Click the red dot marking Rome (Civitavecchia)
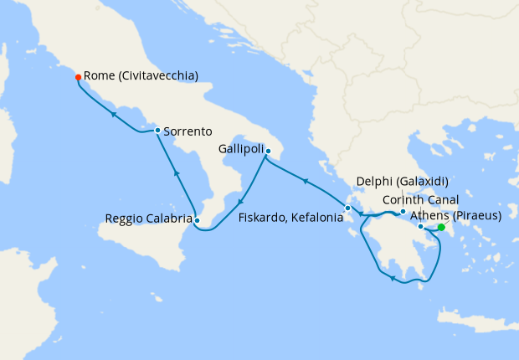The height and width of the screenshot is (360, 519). tap(78, 77)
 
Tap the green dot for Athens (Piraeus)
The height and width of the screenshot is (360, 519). tap(441, 227)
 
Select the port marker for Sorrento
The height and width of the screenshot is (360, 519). tap(157, 130)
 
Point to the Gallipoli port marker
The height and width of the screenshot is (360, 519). tap(267, 151)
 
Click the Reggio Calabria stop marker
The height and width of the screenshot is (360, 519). tap(197, 220)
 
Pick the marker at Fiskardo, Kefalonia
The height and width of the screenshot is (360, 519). tap(347, 208)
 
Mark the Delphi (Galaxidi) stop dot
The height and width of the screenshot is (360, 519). tap(403, 211)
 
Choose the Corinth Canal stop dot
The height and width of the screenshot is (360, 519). tap(420, 226)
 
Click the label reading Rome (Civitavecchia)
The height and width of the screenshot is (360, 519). tap(141, 75)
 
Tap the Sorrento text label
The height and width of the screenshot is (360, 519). tap(188, 131)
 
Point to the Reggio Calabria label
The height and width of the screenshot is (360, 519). tap(147, 219)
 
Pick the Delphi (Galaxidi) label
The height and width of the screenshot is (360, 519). tap(403, 181)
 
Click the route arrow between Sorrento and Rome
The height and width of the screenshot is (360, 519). tap(112, 113)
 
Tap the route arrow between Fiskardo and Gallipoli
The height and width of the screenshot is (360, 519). tap(306, 179)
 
